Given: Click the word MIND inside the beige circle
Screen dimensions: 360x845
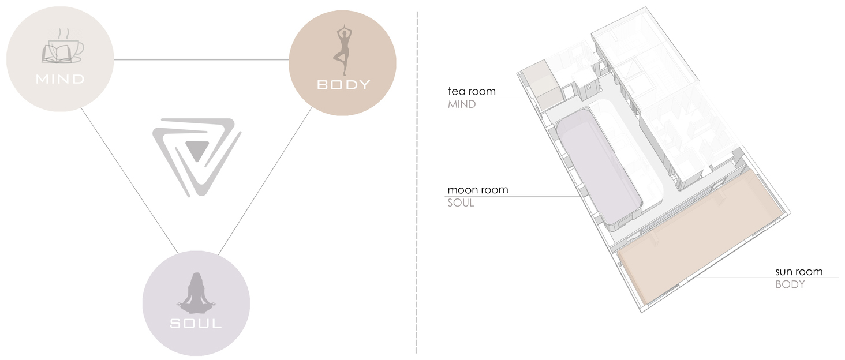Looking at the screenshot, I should point(60,80).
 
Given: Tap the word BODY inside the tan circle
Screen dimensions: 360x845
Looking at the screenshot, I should point(343,85).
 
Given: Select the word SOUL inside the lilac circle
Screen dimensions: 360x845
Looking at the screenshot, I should point(196,323).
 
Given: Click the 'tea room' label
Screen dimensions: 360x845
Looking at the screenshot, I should point(471,91).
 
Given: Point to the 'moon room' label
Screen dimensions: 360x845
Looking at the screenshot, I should point(477,190).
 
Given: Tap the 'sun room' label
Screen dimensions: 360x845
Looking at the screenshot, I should point(798,271).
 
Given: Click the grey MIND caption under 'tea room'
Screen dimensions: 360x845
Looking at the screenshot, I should point(462,104).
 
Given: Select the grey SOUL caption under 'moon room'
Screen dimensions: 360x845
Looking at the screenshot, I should point(461,203).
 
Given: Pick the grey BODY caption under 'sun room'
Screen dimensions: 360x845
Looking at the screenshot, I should point(790,284).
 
